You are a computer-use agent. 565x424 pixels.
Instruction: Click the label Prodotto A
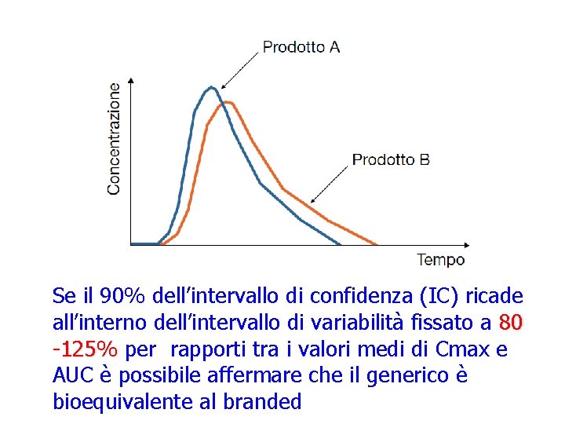point(301,47)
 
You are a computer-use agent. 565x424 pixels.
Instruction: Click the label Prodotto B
point(390,159)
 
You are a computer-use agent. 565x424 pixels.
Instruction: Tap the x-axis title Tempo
point(440,260)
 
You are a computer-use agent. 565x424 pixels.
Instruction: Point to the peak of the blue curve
point(210,87)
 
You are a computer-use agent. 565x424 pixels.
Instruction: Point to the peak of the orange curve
point(227,102)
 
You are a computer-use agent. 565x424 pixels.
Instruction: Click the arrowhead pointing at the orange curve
point(314,201)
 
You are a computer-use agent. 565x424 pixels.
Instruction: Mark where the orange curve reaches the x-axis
point(377,244)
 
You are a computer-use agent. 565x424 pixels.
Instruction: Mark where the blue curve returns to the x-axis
point(341,244)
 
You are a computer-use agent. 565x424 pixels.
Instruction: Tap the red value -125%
point(85,349)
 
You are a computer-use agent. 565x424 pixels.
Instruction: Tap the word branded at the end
point(262,403)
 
